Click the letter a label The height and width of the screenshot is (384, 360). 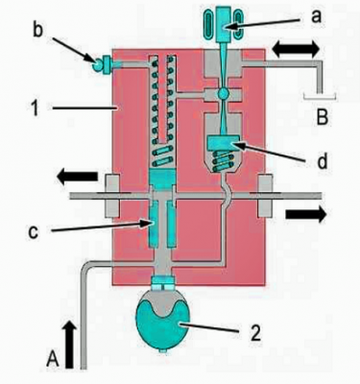(315, 16)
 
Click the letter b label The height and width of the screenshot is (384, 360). (38, 31)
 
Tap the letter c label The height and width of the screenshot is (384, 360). (33, 232)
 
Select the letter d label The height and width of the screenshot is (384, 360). (323, 161)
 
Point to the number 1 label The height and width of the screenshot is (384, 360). (35, 108)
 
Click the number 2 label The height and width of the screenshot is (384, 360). (256, 334)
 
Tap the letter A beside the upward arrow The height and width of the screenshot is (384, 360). (53, 359)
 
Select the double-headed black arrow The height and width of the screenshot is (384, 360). (296, 50)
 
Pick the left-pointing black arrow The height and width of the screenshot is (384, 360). (77, 177)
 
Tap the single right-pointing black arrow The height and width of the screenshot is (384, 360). (306, 214)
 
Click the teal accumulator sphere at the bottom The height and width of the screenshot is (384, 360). (163, 324)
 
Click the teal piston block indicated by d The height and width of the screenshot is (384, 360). (224, 142)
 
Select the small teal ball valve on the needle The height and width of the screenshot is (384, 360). (223, 94)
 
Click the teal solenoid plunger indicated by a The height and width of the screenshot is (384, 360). (224, 24)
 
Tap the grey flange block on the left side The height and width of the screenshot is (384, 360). (112, 195)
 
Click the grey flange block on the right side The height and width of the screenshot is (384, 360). (265, 195)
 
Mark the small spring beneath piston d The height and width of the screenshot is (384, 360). (224, 160)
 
